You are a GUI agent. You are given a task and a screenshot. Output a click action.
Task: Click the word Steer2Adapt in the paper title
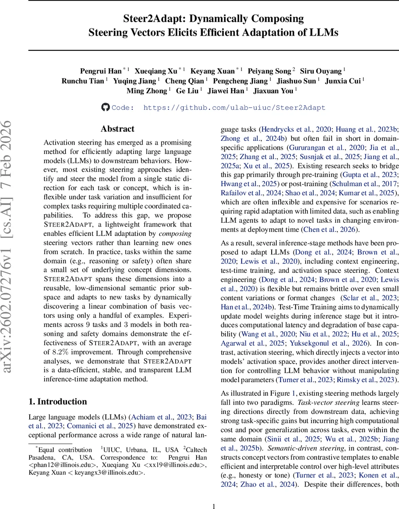(x=150, y=18)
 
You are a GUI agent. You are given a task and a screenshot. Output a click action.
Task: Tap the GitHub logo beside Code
(x=106, y=107)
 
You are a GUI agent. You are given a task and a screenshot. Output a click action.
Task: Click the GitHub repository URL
(x=234, y=108)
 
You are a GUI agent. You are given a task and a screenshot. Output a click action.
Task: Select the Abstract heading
(x=118, y=129)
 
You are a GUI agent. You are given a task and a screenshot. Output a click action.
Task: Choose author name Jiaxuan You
(x=273, y=91)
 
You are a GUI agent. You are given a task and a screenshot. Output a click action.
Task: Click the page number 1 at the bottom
(x=214, y=503)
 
